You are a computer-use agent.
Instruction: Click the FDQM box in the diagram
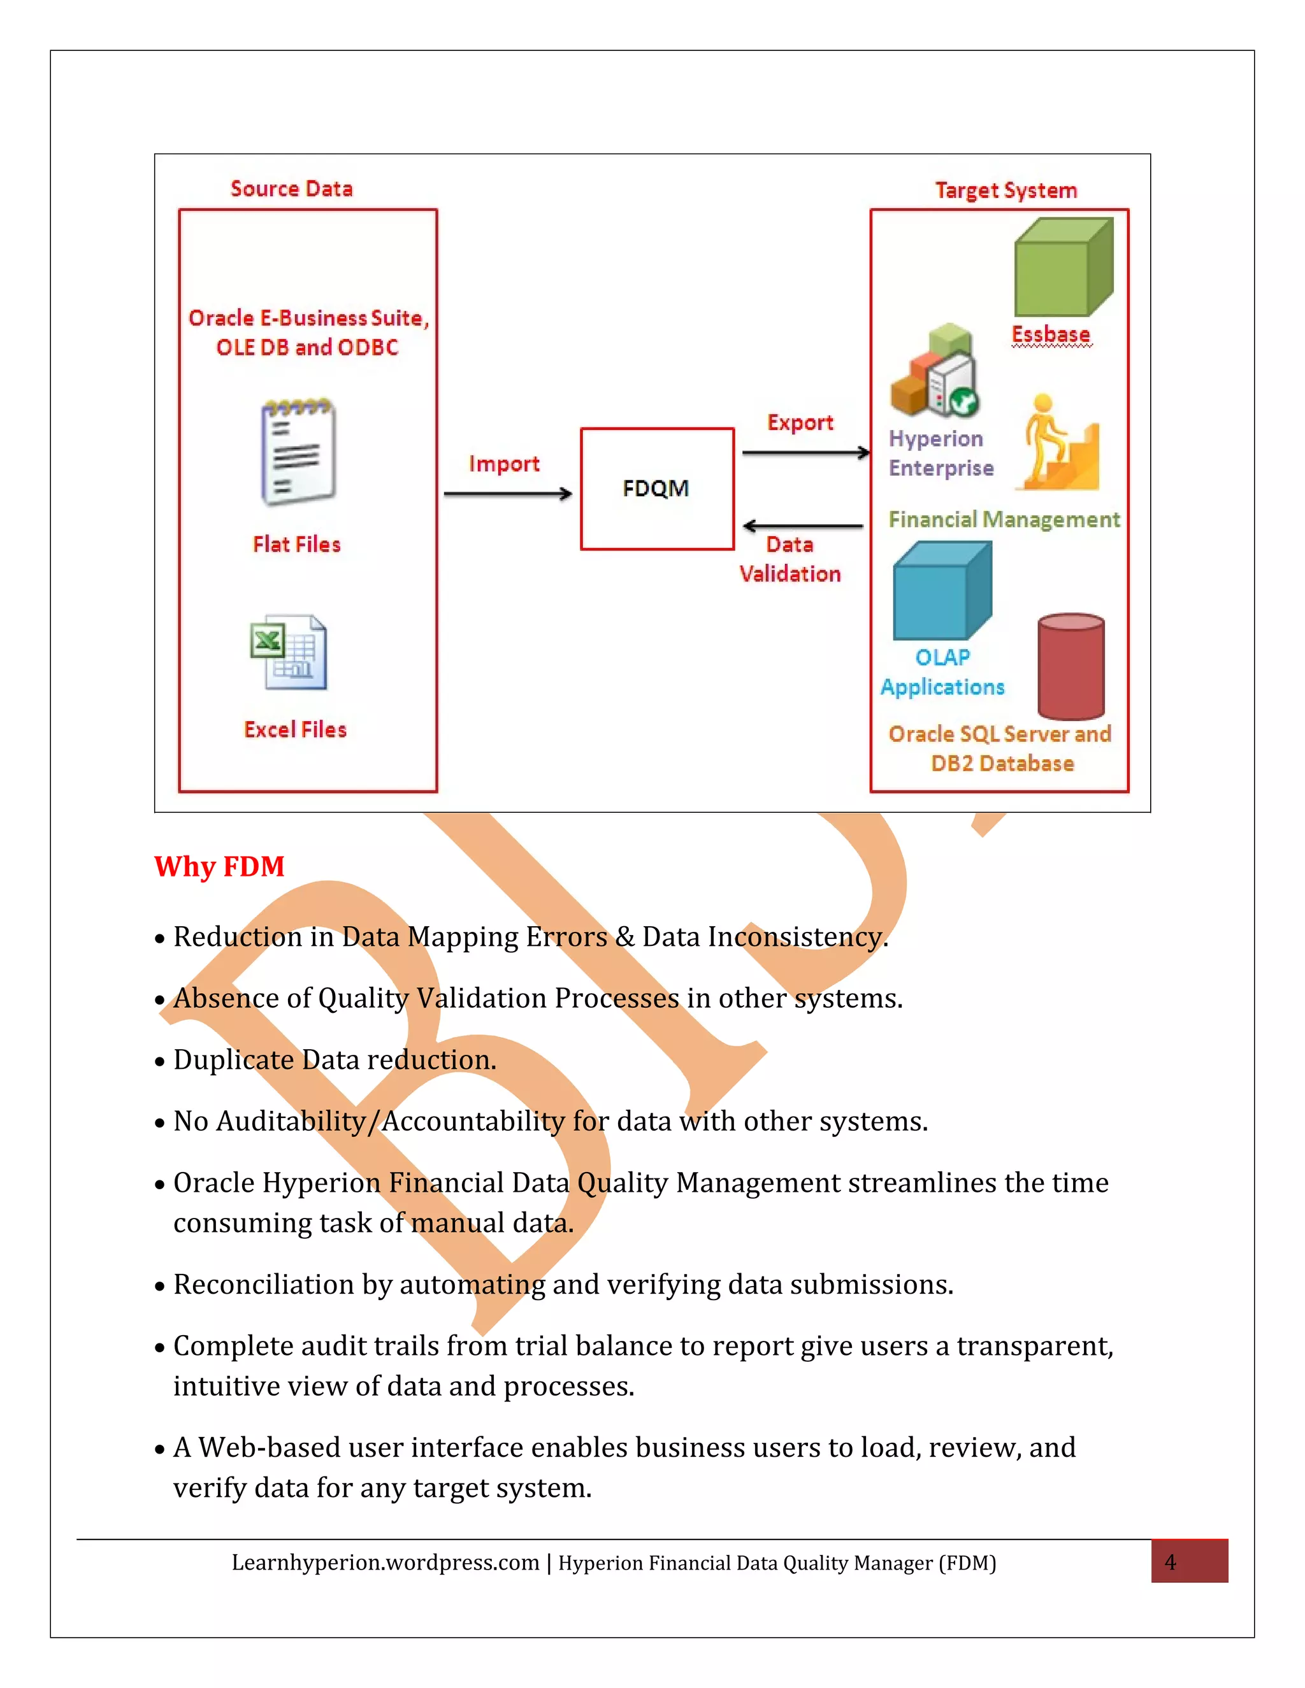(656, 489)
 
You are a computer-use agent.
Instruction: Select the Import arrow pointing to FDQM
(507, 493)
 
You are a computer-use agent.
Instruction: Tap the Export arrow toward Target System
(805, 452)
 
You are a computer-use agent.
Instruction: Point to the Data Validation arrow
(802, 526)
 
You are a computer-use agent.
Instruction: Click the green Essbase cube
(1063, 268)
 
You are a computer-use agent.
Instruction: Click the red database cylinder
(1071, 666)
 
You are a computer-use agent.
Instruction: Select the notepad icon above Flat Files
(298, 453)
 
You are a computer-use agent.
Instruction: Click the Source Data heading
(291, 189)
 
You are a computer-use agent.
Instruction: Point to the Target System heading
(1005, 190)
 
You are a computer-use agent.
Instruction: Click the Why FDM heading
(220, 866)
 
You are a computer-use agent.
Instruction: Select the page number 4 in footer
(1171, 1562)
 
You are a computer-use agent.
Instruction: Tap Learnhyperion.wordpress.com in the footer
(385, 1563)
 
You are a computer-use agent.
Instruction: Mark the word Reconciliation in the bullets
(264, 1285)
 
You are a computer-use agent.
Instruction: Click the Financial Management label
(1004, 519)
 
